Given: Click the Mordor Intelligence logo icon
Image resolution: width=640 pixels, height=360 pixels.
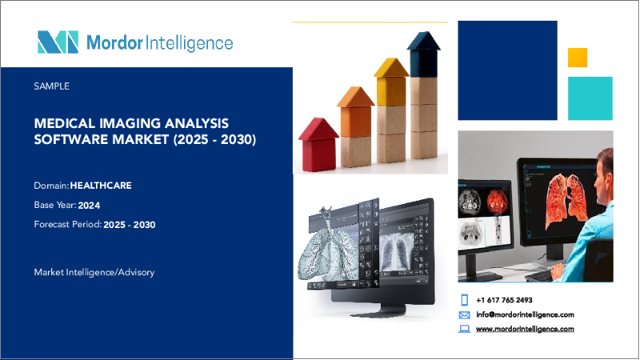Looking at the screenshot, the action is [x=58, y=42].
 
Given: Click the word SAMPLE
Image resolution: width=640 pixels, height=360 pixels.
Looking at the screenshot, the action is [x=52, y=86].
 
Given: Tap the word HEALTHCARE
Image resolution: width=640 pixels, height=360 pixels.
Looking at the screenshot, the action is [x=101, y=186].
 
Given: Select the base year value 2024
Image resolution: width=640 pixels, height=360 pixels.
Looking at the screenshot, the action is [x=89, y=206].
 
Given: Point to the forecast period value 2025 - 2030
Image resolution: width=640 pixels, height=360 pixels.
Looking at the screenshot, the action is [x=130, y=225].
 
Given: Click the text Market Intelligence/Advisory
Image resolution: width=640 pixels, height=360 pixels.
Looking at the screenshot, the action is [x=94, y=272].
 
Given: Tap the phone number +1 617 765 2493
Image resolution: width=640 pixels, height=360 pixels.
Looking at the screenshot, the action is [x=504, y=301].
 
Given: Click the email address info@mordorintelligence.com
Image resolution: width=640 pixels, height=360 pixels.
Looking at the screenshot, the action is [x=525, y=314].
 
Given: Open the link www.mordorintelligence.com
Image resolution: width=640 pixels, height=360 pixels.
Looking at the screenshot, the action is [x=525, y=329].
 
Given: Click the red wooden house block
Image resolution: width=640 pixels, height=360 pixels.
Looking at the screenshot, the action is [x=318, y=145].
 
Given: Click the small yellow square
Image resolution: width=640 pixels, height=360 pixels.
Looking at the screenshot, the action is [x=578, y=58].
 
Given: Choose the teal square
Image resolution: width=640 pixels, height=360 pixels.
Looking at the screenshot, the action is [x=590, y=98].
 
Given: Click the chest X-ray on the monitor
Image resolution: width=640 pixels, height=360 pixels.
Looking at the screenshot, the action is [x=397, y=253].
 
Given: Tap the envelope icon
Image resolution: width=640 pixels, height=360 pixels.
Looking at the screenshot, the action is [x=465, y=315].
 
